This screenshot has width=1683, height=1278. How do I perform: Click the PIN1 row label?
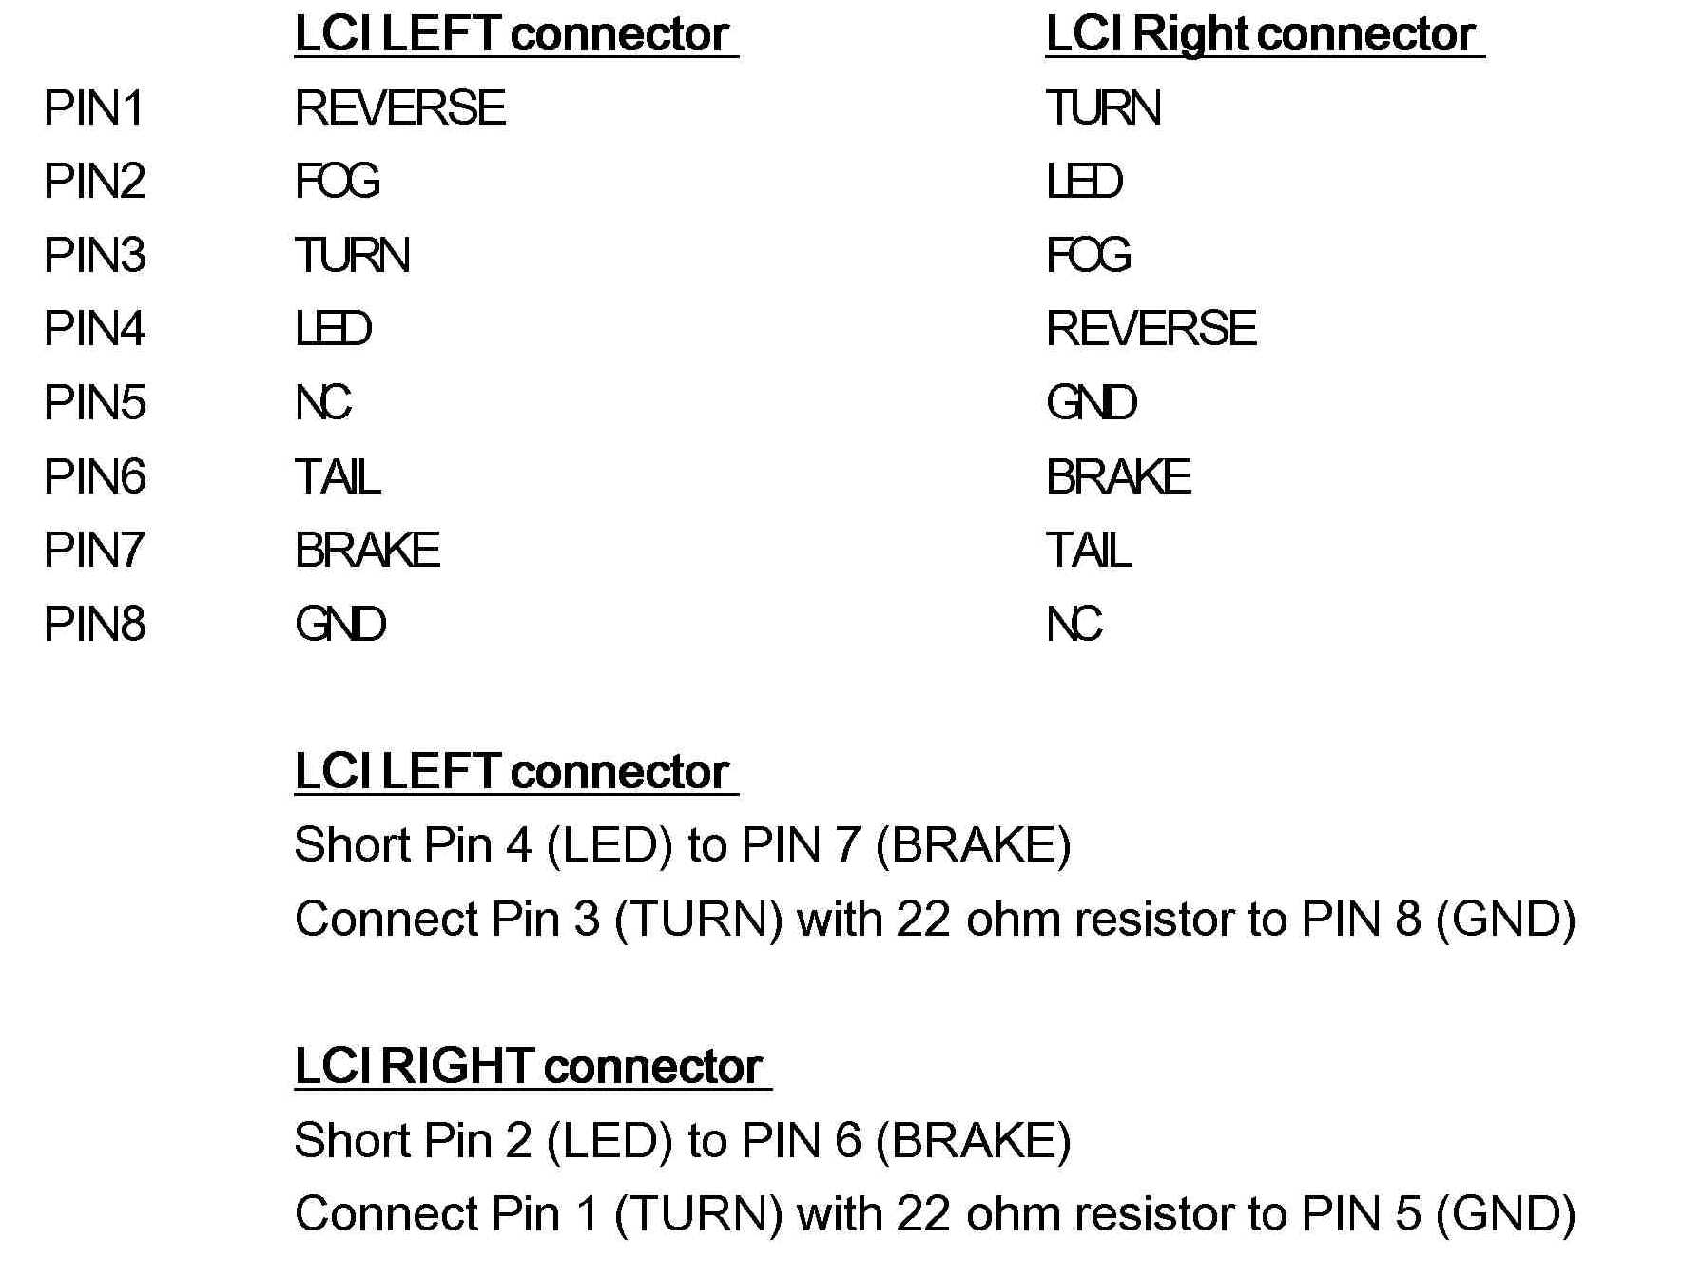point(93,107)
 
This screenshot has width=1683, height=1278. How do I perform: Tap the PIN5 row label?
point(94,403)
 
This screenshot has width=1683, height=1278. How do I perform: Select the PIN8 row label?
point(94,625)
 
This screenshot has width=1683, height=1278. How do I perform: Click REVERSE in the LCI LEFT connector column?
point(399,107)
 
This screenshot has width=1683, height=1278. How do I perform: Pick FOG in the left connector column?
point(337,182)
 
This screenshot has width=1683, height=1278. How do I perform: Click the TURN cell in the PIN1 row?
point(1103,107)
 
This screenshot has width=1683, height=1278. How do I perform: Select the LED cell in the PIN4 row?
point(333,329)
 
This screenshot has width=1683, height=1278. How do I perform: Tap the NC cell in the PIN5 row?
point(323,403)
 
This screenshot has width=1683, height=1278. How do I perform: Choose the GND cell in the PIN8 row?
point(340,625)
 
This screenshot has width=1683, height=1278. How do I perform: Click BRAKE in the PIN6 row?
point(1118,476)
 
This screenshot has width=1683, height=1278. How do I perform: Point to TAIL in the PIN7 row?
point(1089,551)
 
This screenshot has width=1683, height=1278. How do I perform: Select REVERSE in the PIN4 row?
point(1151,329)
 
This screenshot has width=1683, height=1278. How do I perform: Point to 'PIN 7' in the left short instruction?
point(801,845)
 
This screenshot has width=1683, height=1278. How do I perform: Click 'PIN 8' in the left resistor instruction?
point(1361,920)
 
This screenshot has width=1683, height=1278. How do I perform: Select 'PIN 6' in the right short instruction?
point(801,1141)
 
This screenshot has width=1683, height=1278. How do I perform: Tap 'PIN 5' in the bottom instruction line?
point(1361,1214)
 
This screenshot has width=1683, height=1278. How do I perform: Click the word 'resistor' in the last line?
point(1154,1214)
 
